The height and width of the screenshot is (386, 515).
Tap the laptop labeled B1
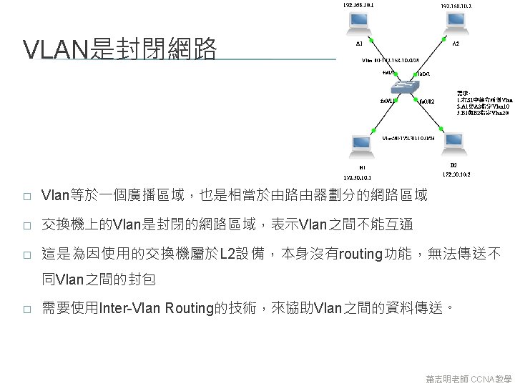[x=356, y=148]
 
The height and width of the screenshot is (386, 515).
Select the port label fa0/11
[x=386, y=101]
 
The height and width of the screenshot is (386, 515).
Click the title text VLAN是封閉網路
[x=119, y=50]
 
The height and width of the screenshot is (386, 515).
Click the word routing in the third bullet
[x=361, y=254]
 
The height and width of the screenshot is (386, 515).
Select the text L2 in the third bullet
[x=227, y=254]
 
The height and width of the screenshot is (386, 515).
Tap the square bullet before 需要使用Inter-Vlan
[x=26, y=309]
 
